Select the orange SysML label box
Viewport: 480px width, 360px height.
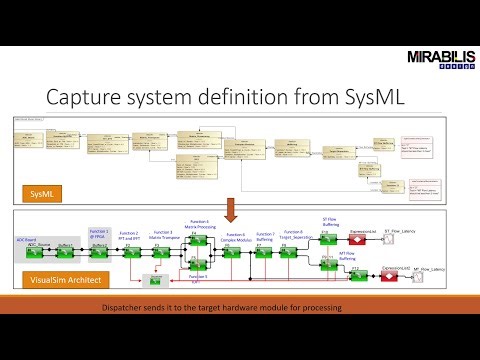click(41, 190)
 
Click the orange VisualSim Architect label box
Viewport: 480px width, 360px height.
click(59, 282)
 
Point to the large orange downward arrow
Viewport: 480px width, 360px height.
click(229, 211)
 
